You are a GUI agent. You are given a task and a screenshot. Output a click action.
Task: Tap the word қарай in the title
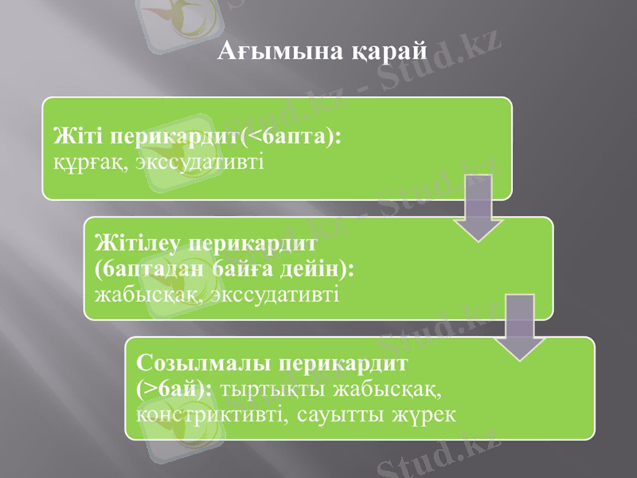389,53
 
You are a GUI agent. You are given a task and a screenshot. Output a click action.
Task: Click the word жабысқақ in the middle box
143,296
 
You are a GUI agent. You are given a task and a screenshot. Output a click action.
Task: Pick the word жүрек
423,415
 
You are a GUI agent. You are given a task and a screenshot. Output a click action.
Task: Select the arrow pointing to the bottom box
518,327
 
